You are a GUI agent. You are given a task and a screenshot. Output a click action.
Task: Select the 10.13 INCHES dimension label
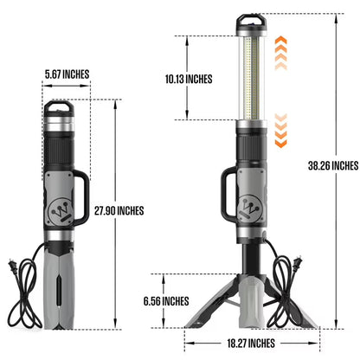[190, 79]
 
